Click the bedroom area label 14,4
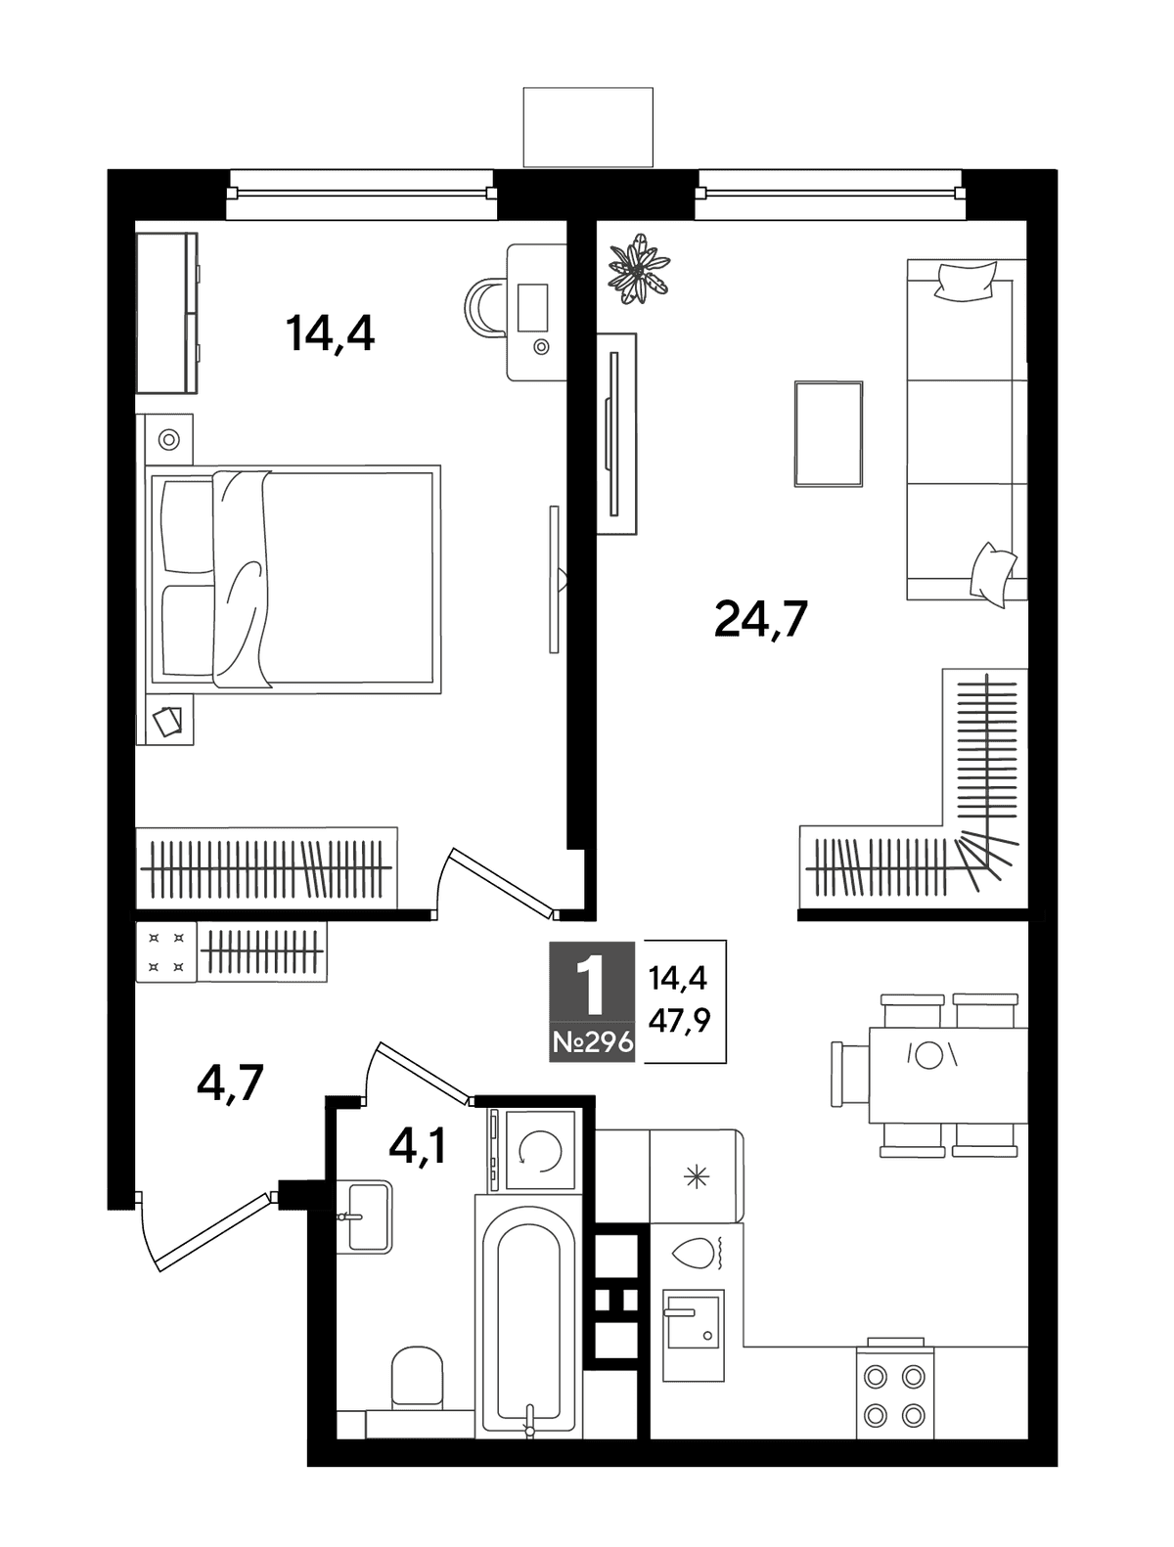(330, 333)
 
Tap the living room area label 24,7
(760, 619)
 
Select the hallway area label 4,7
(230, 1083)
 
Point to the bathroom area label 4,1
(417, 1148)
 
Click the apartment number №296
(592, 1042)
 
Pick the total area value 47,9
(679, 1019)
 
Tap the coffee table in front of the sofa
(828, 433)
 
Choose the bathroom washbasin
(364, 1217)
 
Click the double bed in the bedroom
(293, 579)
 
